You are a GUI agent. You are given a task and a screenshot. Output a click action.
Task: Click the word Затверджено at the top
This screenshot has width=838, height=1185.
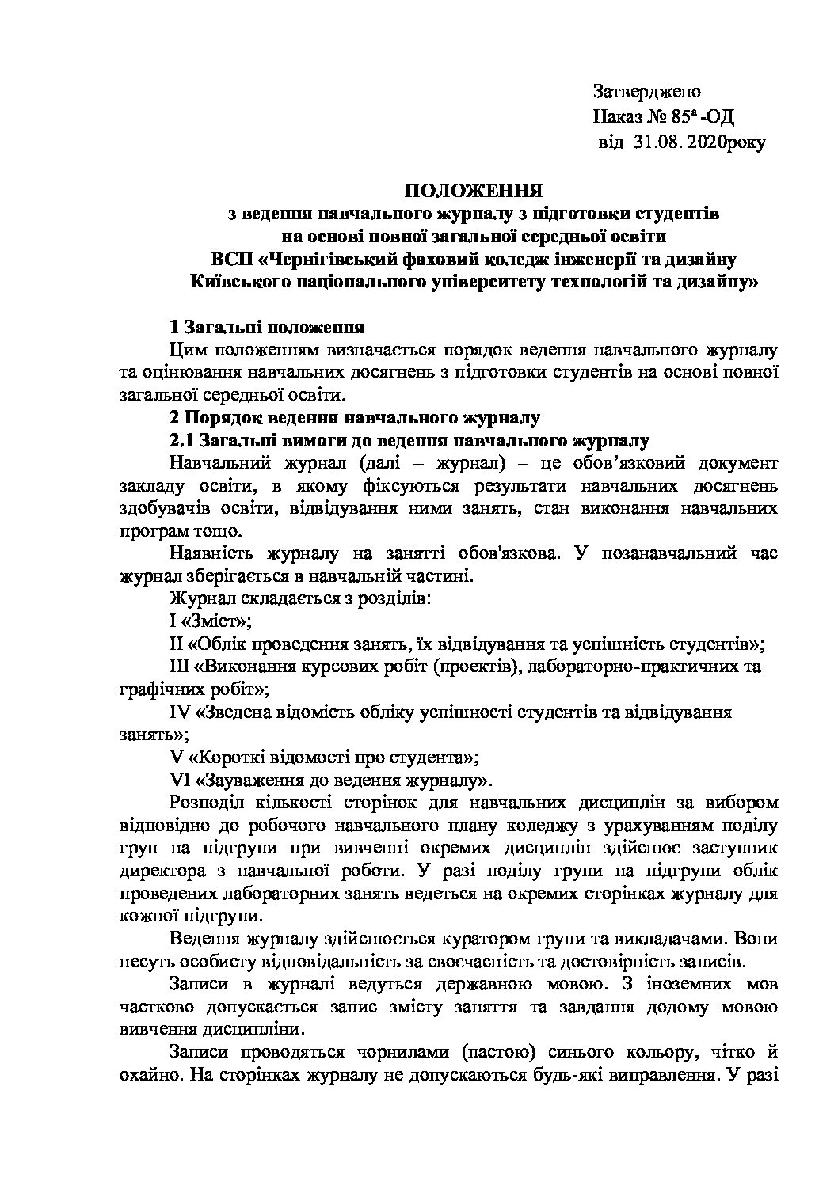click(646, 93)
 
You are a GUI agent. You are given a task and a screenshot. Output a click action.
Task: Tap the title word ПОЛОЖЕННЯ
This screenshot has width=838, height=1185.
click(474, 191)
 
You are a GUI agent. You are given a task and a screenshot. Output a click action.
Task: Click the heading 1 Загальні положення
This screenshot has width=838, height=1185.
click(267, 326)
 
